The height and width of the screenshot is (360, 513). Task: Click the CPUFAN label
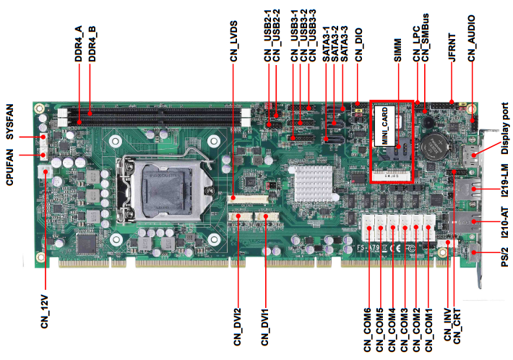pos(10,167)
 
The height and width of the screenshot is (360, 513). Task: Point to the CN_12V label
pos(45,310)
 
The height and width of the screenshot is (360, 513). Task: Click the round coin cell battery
pos(435,147)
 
